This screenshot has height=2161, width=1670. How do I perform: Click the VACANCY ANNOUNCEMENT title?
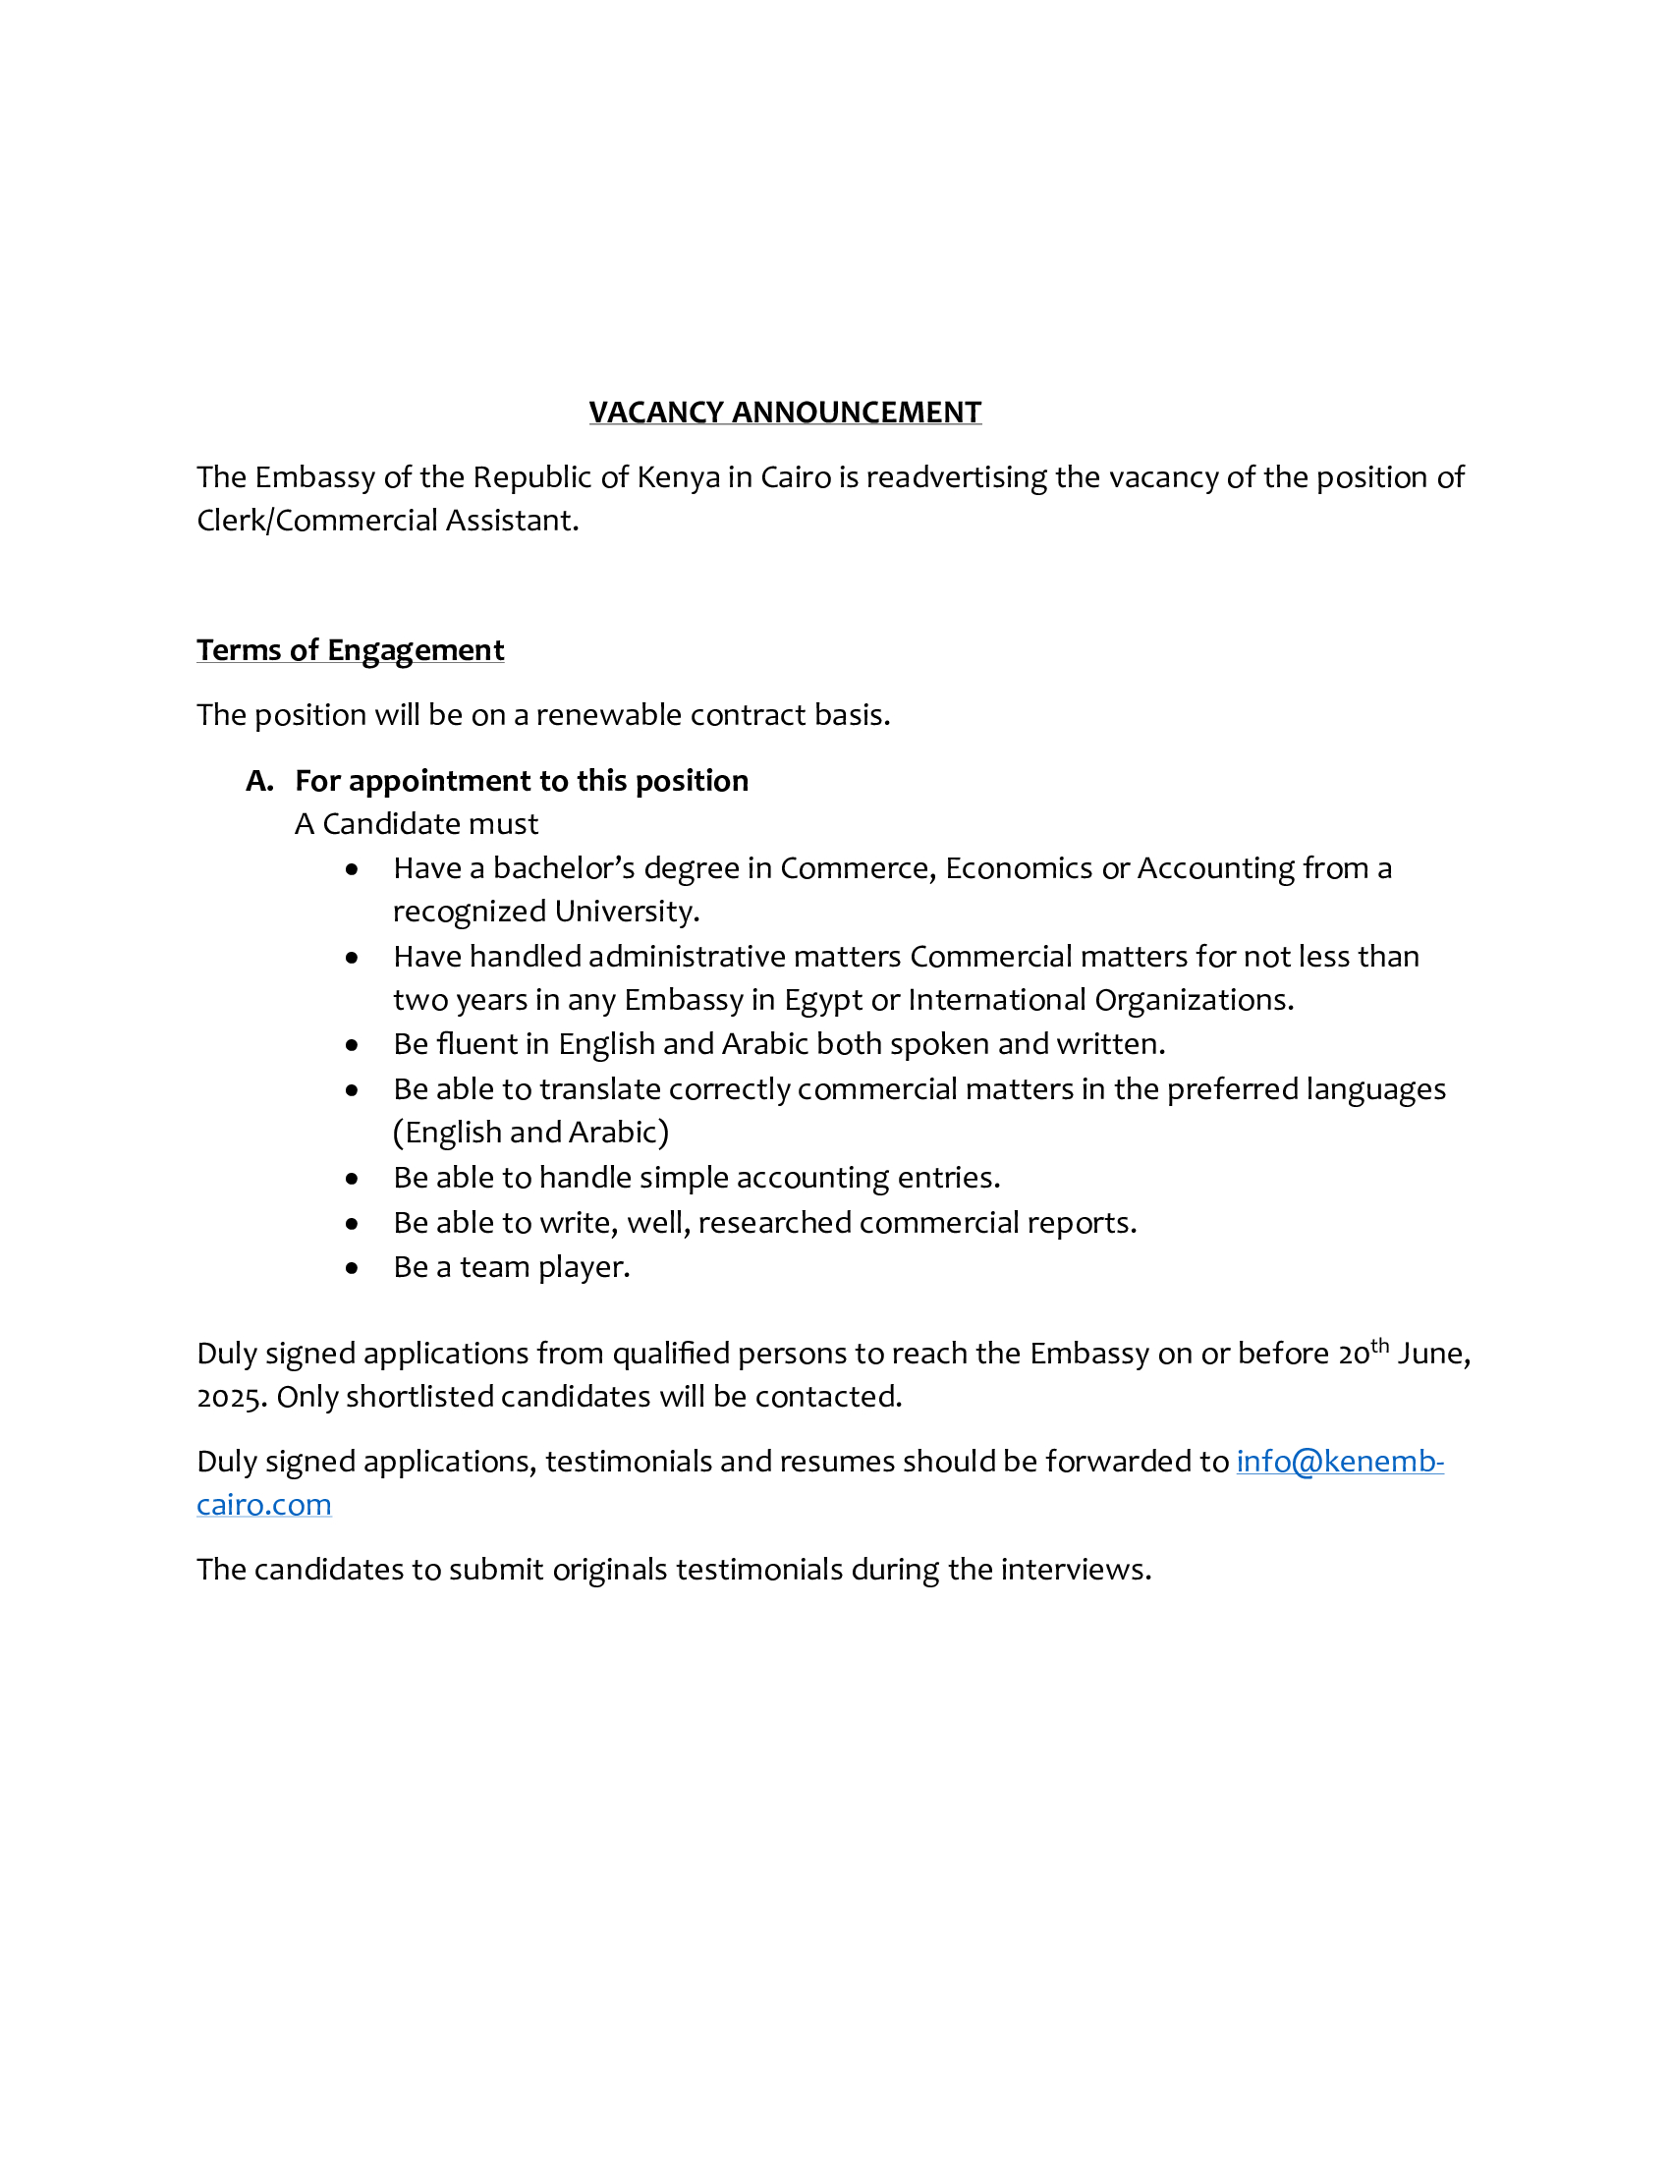(785, 412)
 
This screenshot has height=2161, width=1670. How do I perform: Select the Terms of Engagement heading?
(351, 650)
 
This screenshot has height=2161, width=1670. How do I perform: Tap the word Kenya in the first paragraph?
(678, 477)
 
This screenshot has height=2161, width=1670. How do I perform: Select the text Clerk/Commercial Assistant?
(387, 521)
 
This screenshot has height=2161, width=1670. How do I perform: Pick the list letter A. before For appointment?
(259, 781)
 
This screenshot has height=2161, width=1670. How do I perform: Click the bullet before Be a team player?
(353, 1267)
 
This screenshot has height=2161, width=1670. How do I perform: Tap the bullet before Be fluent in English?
(353, 1045)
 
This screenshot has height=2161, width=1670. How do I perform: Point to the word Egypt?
(823, 1000)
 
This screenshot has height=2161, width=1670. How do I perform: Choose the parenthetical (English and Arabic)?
(530, 1132)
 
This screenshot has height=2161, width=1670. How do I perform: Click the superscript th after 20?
(1379, 1345)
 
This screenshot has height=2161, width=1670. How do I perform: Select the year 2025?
(232, 1397)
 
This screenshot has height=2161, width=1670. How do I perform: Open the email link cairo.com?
(263, 1505)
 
